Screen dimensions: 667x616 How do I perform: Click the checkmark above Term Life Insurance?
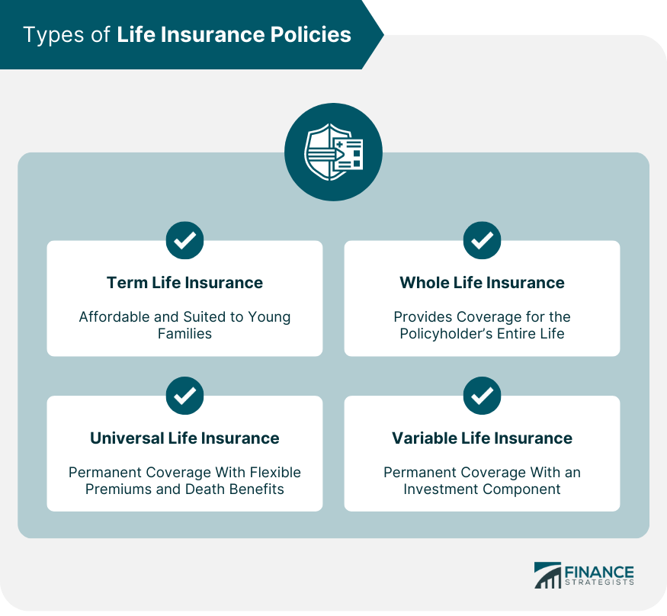[184, 240]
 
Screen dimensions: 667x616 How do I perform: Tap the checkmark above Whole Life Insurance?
[482, 240]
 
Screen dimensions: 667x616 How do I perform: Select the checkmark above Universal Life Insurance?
[184, 396]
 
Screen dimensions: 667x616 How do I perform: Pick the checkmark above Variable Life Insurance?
[482, 396]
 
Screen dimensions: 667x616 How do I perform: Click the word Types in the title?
[54, 35]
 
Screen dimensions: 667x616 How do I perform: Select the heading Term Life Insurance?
[184, 283]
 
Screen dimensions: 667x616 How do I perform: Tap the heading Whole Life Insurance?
[482, 283]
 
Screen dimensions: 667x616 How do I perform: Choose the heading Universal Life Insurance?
[184, 438]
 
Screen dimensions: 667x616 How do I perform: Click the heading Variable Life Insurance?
[482, 438]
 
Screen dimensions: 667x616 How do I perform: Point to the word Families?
[184, 333]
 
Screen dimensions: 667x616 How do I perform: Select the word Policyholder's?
[445, 334]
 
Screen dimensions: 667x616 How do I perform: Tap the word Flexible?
[275, 472]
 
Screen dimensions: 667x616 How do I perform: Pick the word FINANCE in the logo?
[599, 571]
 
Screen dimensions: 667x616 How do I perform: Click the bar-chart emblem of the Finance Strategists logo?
[548, 575]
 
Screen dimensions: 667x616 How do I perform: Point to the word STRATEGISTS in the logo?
[599, 582]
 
